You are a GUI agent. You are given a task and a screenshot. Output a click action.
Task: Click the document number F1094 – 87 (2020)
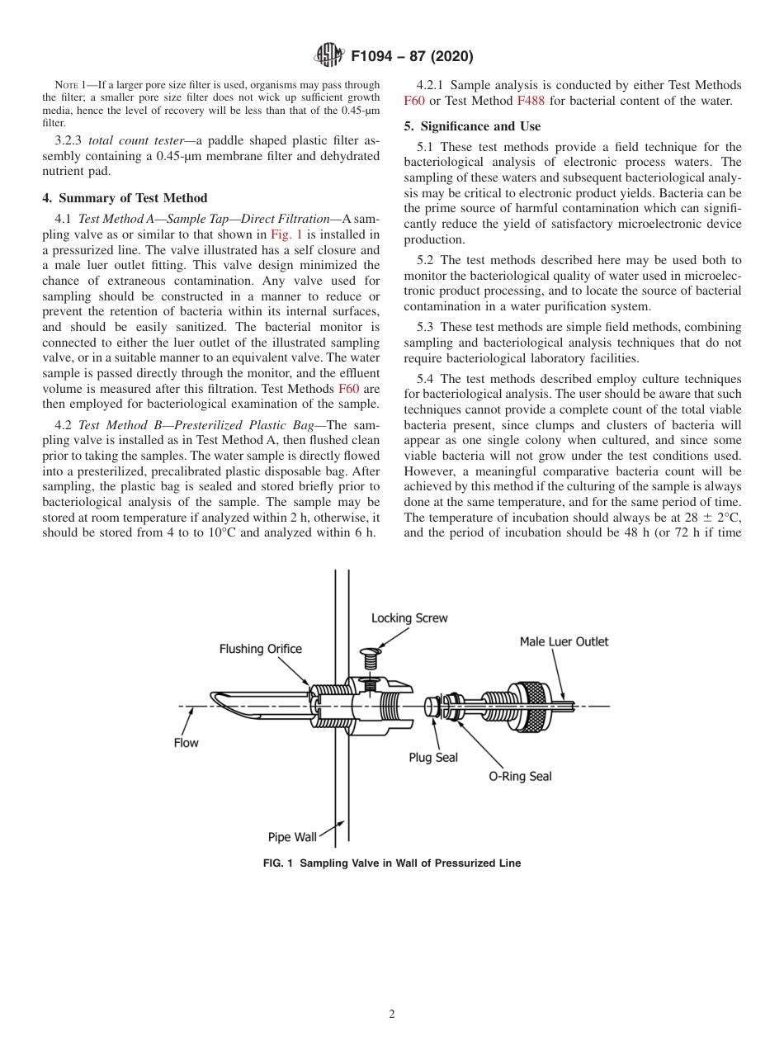pos(411,57)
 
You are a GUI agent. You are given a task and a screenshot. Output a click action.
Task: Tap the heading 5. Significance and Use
pos(472,126)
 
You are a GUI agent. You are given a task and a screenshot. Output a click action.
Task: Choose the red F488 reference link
pos(531,101)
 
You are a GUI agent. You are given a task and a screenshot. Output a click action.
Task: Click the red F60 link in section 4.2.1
pos(414,101)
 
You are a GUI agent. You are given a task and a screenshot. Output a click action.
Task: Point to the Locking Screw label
pos(409,617)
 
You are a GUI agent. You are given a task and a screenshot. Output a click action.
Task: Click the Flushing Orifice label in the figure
pos(260,649)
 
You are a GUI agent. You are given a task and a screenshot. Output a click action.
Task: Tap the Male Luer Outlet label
pos(564,641)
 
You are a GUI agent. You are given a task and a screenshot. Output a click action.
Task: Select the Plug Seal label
pos(433,757)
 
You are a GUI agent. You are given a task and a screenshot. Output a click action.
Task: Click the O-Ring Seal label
pos(520,776)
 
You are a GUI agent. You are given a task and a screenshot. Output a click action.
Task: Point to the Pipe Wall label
pos(292,837)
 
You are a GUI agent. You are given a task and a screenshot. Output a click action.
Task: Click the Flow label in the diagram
pos(186,743)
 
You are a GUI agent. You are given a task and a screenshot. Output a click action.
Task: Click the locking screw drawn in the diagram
pos(371,656)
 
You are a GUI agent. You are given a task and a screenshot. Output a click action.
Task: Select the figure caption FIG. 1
pos(391,863)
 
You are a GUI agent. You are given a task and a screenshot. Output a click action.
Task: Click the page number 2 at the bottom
pos(392,1015)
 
